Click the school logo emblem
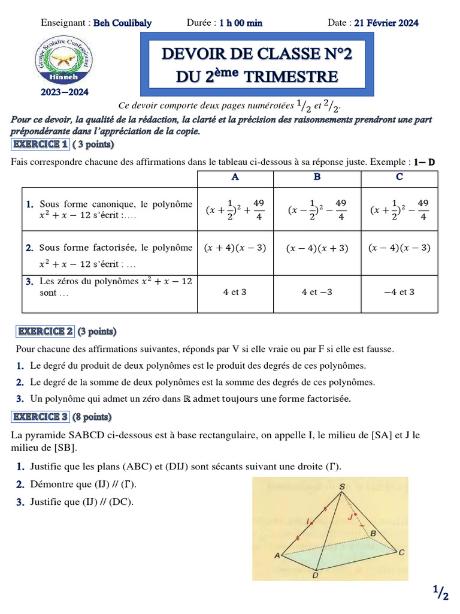tap(63, 61)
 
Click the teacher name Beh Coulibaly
tap(123, 23)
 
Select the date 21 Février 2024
tap(386, 23)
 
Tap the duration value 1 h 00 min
tap(241, 23)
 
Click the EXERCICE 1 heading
tap(40, 144)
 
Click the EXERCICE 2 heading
tap(46, 331)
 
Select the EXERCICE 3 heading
tap(40, 417)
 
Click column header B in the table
tap(317, 177)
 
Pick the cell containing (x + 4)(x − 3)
tap(235, 247)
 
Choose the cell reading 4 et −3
tap(317, 292)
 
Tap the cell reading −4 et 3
tap(399, 292)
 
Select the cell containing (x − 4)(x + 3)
tap(317, 248)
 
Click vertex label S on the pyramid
tap(342, 487)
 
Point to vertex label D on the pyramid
tap(315, 576)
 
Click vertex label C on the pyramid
tap(401, 552)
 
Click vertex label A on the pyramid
tap(277, 556)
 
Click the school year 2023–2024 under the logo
tap(64, 92)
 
